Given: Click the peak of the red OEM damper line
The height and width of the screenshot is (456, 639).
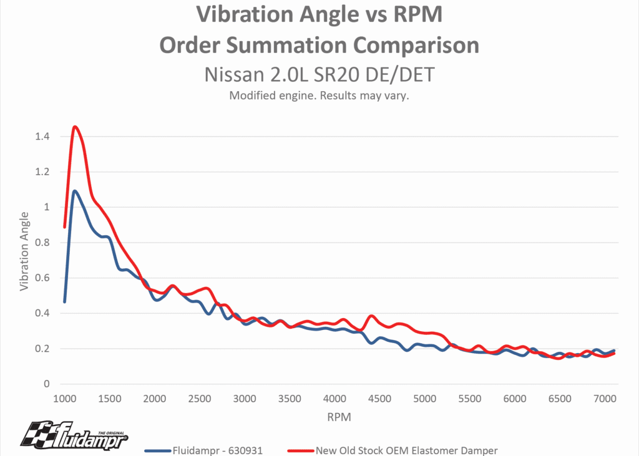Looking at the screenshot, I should (x=75, y=127).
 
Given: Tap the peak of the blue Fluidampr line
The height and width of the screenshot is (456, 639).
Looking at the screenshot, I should (x=75, y=192).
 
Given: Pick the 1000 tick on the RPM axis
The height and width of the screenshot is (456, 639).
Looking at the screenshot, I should (x=64, y=399).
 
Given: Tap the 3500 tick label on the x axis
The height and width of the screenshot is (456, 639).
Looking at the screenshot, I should (x=290, y=399).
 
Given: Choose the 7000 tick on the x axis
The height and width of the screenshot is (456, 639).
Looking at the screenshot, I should (x=605, y=399).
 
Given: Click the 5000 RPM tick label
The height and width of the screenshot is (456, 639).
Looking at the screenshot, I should (x=424, y=399).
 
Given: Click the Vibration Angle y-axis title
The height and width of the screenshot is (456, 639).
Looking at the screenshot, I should (x=24, y=251).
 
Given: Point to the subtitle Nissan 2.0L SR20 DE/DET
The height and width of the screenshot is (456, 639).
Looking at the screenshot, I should (x=319, y=74).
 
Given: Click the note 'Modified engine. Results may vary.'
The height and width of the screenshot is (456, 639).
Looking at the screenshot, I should (x=319, y=96).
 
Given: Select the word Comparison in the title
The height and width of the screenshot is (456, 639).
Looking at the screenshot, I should (x=417, y=45).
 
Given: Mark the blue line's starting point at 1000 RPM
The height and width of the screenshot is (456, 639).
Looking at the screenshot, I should (x=64, y=302).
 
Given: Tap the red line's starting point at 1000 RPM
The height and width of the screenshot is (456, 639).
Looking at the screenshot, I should (x=64, y=227).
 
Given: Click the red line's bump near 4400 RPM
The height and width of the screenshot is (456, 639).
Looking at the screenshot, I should (x=372, y=316).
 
